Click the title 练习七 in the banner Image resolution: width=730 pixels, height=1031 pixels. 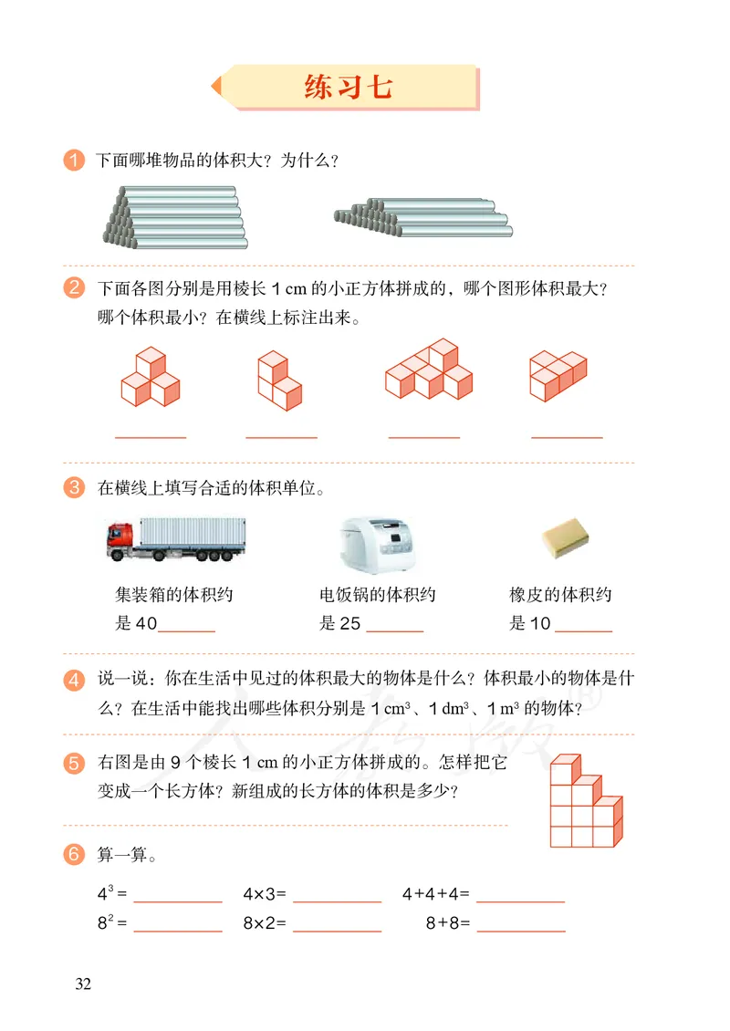pos(348,87)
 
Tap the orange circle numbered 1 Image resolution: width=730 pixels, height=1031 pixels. pos(74,160)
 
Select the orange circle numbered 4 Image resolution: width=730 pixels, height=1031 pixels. pos(74,680)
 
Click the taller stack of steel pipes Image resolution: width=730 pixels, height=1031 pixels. pos(175,218)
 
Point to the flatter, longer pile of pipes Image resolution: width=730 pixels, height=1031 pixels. pos(422,218)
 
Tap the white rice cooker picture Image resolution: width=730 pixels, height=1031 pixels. pos(378,545)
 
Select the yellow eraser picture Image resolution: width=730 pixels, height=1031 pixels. pos(565,537)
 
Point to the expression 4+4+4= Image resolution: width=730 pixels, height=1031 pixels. pos(436,894)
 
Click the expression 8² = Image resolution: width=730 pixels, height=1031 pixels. pos(112,922)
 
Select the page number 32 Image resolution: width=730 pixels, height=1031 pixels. pos(83,984)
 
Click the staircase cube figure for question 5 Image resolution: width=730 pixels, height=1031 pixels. pos(586,801)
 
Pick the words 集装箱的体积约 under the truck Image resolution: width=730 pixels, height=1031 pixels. pos(174,594)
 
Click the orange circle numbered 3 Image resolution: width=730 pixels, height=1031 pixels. pos(74,488)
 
